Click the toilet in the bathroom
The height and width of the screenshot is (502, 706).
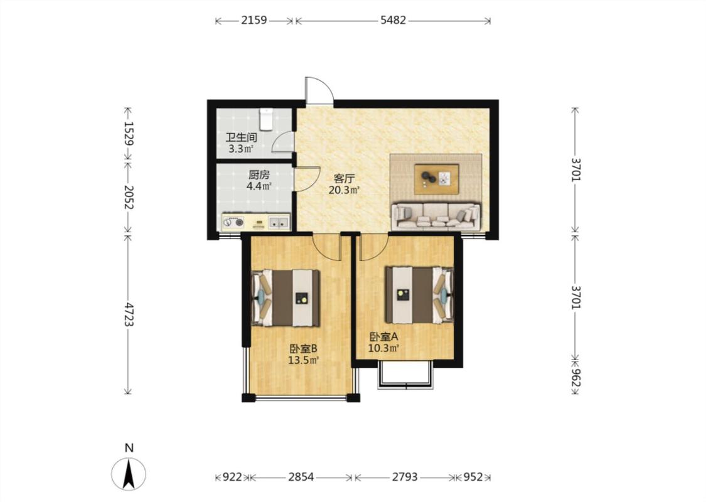coord(266,119)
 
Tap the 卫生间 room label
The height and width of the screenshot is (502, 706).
coord(241,137)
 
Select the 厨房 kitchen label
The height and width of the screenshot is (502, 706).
coord(259,174)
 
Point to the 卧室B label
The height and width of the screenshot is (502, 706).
coord(304,348)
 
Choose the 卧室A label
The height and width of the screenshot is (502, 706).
coord(384,337)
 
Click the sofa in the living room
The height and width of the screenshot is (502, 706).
coord(436,216)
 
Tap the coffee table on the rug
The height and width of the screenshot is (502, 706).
coord(437,179)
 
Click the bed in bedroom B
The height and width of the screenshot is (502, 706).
coord(286,297)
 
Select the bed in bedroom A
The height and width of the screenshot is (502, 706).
coord(419,295)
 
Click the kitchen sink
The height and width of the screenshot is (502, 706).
coord(279,222)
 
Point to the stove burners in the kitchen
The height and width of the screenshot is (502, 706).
coord(233,222)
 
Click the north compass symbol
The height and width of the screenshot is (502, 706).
coord(129,474)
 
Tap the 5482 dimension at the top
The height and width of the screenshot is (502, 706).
coord(393,20)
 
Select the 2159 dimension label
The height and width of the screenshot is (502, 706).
coord(254,20)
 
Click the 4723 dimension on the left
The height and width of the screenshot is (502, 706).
coord(129,314)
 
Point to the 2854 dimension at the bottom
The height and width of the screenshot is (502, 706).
coord(301,477)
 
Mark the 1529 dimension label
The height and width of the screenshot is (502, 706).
coord(129,134)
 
